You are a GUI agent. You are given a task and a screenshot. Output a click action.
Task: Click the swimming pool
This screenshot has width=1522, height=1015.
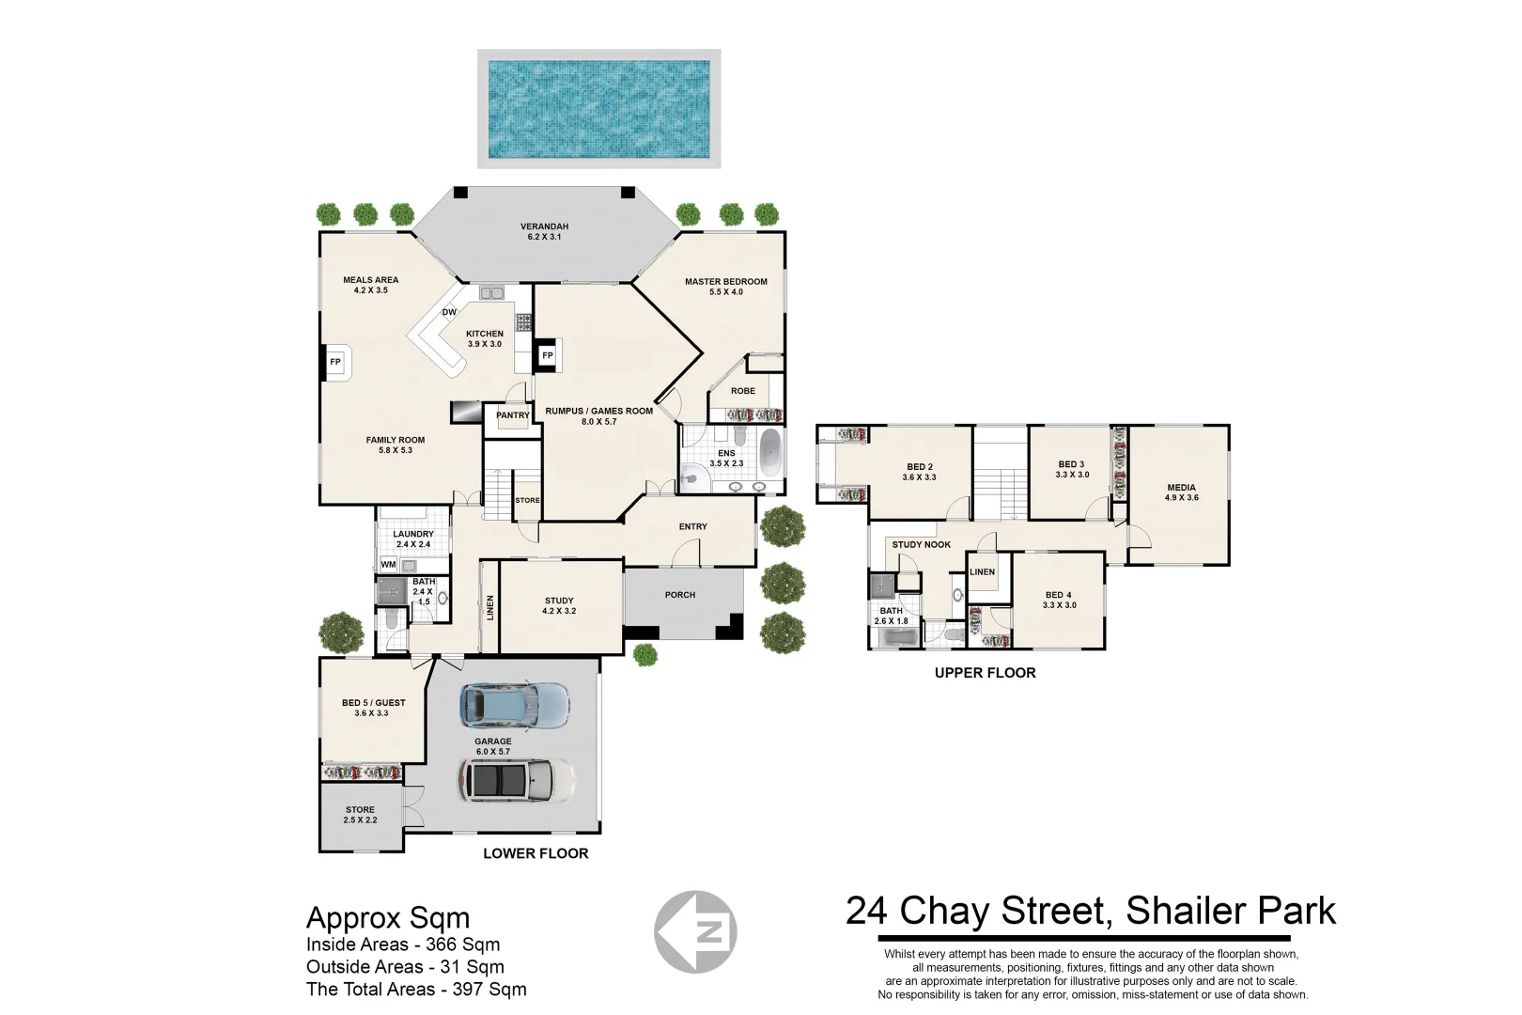pyautogui.click(x=598, y=109)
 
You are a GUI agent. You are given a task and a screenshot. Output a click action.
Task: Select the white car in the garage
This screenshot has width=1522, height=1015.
pyautogui.click(x=517, y=780)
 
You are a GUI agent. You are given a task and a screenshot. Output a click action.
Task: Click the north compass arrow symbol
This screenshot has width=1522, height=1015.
pyautogui.click(x=695, y=931)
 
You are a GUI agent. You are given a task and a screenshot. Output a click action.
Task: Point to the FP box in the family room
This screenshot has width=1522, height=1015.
pyautogui.click(x=337, y=363)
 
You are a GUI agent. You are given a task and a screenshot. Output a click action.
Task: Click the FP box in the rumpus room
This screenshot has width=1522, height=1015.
pyautogui.click(x=548, y=355)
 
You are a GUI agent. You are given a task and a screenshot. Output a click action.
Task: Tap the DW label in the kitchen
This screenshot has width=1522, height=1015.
pyautogui.click(x=449, y=313)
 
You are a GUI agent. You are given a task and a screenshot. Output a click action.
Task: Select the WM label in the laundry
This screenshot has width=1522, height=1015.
pyautogui.click(x=388, y=564)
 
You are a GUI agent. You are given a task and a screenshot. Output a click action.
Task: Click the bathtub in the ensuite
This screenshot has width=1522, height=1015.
pyautogui.click(x=769, y=452)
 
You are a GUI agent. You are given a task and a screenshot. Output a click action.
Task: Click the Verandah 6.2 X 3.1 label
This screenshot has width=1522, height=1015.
pyautogui.click(x=544, y=232)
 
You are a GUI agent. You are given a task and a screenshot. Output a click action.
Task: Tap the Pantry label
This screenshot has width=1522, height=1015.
pyautogui.click(x=513, y=415)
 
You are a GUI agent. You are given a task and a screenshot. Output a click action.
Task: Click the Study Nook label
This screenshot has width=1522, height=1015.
pyautogui.click(x=922, y=544)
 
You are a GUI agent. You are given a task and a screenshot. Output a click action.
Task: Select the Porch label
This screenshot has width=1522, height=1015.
pyautogui.click(x=680, y=595)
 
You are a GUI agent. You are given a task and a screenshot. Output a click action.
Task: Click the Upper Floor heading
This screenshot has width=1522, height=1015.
pyautogui.click(x=986, y=673)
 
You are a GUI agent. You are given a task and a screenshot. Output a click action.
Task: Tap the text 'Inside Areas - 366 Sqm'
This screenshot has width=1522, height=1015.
pyautogui.click(x=403, y=945)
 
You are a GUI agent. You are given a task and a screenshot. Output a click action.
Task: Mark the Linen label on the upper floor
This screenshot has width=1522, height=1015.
pyautogui.click(x=982, y=571)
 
